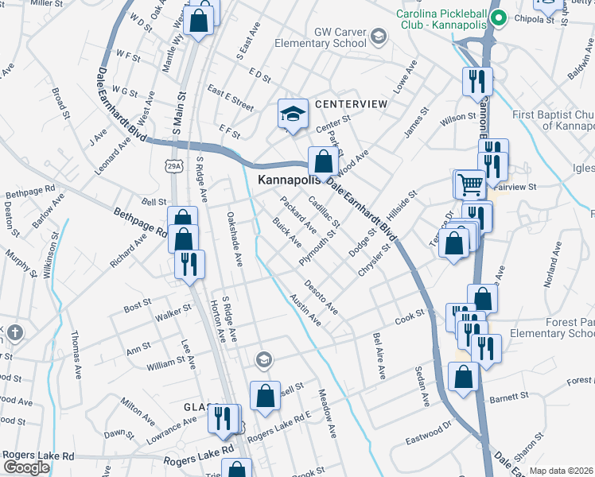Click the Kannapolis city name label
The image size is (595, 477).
(x=292, y=180)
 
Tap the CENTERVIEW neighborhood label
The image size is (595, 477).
(x=351, y=104)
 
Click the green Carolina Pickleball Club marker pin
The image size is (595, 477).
(x=498, y=17)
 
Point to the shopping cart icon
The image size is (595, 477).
(x=469, y=185)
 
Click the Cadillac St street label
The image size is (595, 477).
(x=324, y=211)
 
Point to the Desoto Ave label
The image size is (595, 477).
(x=321, y=297)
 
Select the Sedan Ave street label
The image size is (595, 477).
(x=420, y=386)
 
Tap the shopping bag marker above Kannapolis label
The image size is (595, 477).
(x=322, y=162)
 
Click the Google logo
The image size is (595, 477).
(x=25, y=467)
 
